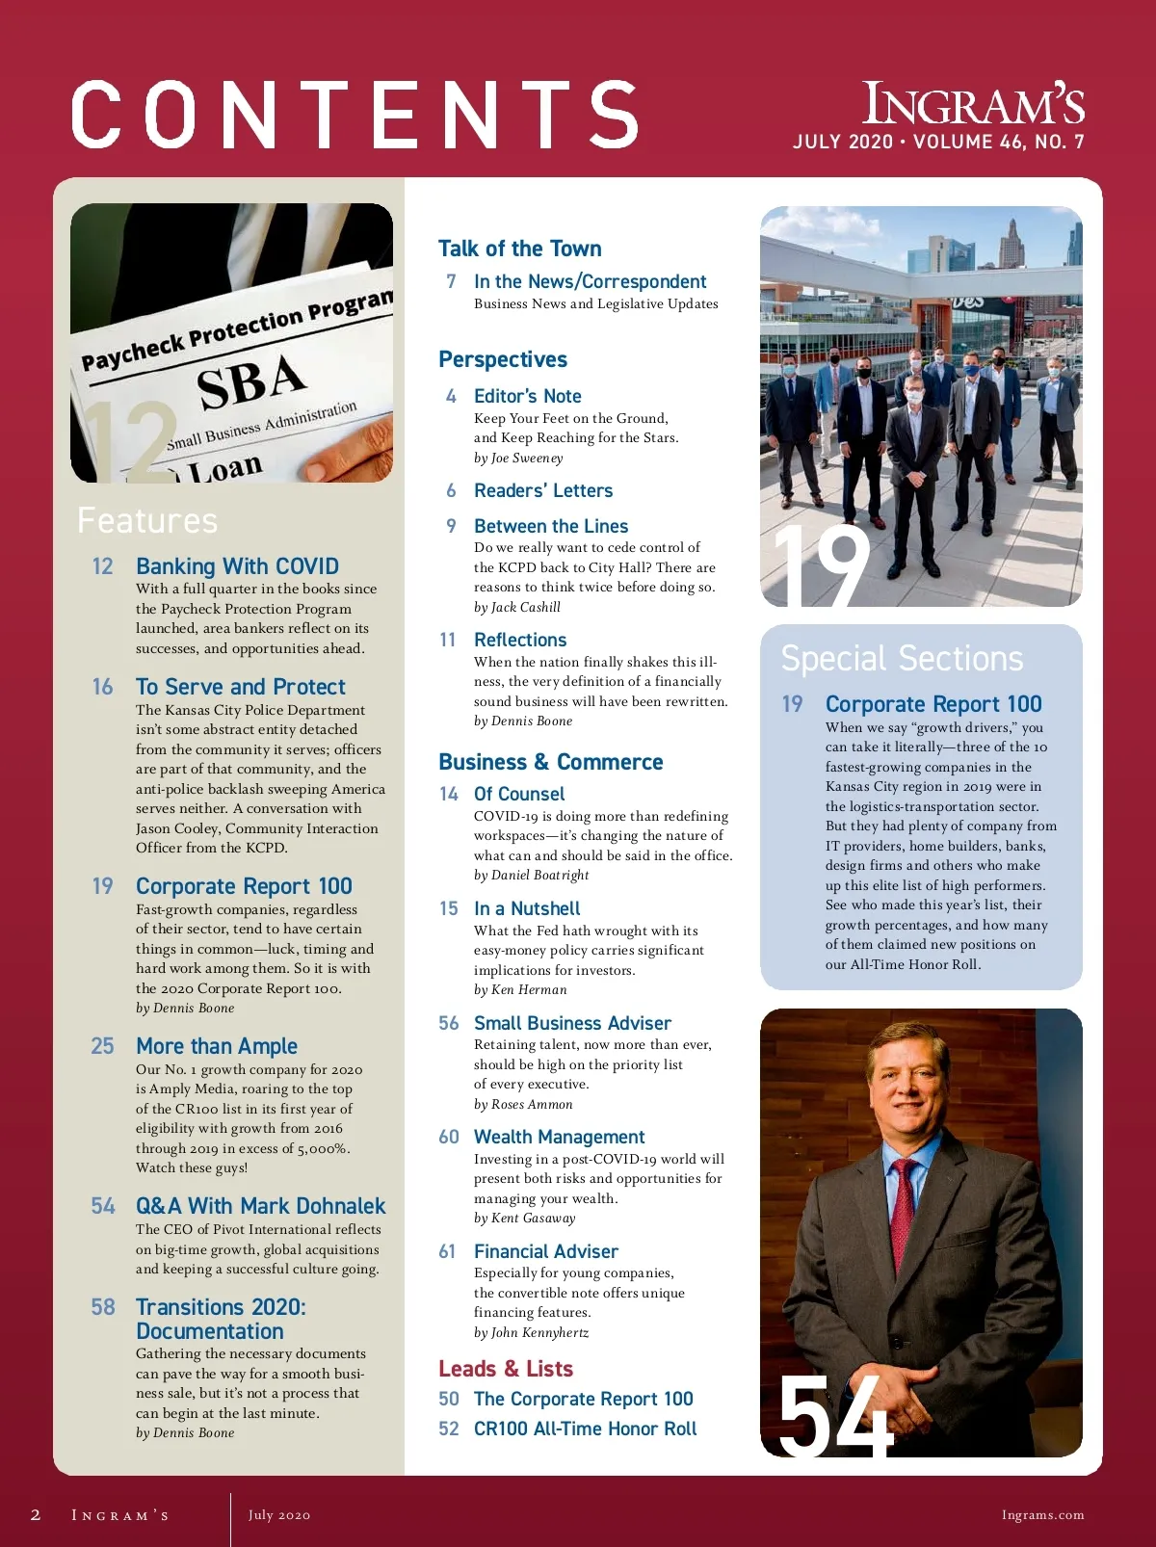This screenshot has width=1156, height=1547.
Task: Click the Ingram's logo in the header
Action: [973, 104]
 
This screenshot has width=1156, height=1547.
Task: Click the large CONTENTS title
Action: [355, 115]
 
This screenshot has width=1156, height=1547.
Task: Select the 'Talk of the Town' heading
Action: [519, 249]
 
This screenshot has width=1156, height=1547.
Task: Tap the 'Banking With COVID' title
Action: [237, 566]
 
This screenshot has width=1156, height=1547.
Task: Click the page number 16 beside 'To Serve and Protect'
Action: [102, 687]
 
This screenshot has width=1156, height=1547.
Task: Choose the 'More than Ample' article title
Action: [217, 1046]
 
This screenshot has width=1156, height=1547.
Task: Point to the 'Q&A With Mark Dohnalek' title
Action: [260, 1206]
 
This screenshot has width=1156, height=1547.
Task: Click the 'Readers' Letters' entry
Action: [543, 490]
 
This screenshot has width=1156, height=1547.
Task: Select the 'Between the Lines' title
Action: [551, 526]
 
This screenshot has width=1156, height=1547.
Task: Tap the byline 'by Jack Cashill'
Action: [517, 607]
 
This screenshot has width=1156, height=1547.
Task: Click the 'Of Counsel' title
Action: [519, 794]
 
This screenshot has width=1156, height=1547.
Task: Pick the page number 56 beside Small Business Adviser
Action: [449, 1023]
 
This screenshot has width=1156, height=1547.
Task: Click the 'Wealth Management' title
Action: [559, 1137]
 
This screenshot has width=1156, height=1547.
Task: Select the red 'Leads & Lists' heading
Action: [506, 1369]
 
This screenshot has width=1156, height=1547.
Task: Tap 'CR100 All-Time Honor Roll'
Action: [585, 1429]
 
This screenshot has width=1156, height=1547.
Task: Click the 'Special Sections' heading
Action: [902, 659]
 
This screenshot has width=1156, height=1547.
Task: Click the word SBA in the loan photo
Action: [251, 381]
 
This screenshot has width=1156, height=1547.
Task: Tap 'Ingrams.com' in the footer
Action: [1042, 1515]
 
